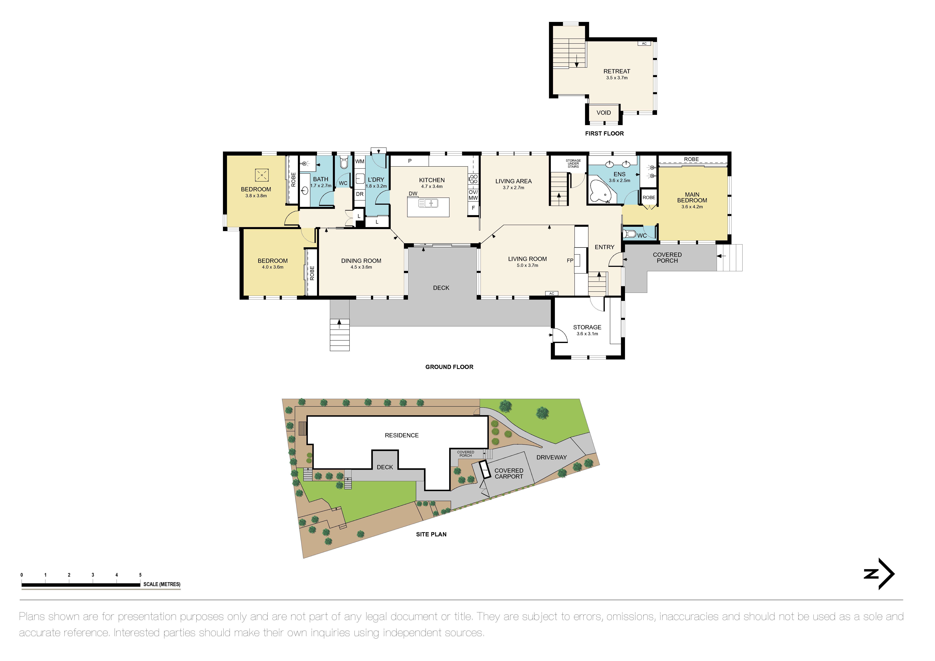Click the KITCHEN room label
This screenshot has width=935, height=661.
pos(432,180)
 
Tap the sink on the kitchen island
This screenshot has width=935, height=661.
pos(428,203)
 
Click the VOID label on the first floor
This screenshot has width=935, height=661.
pos(604,113)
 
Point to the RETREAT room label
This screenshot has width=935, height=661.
pos(617,71)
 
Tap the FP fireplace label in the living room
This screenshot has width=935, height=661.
pos(570,260)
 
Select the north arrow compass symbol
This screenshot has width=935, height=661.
pos(880,574)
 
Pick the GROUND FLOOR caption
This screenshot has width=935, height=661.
pos(449,367)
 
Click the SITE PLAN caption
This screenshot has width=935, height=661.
pos(431,534)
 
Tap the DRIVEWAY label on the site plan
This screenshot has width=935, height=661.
pos(551,458)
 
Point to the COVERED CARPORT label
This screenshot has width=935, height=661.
pos(509,473)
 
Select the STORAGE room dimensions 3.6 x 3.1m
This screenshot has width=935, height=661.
pos(587,334)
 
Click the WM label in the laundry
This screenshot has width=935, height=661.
pos(360,162)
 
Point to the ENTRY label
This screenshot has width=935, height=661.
pos(604,247)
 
